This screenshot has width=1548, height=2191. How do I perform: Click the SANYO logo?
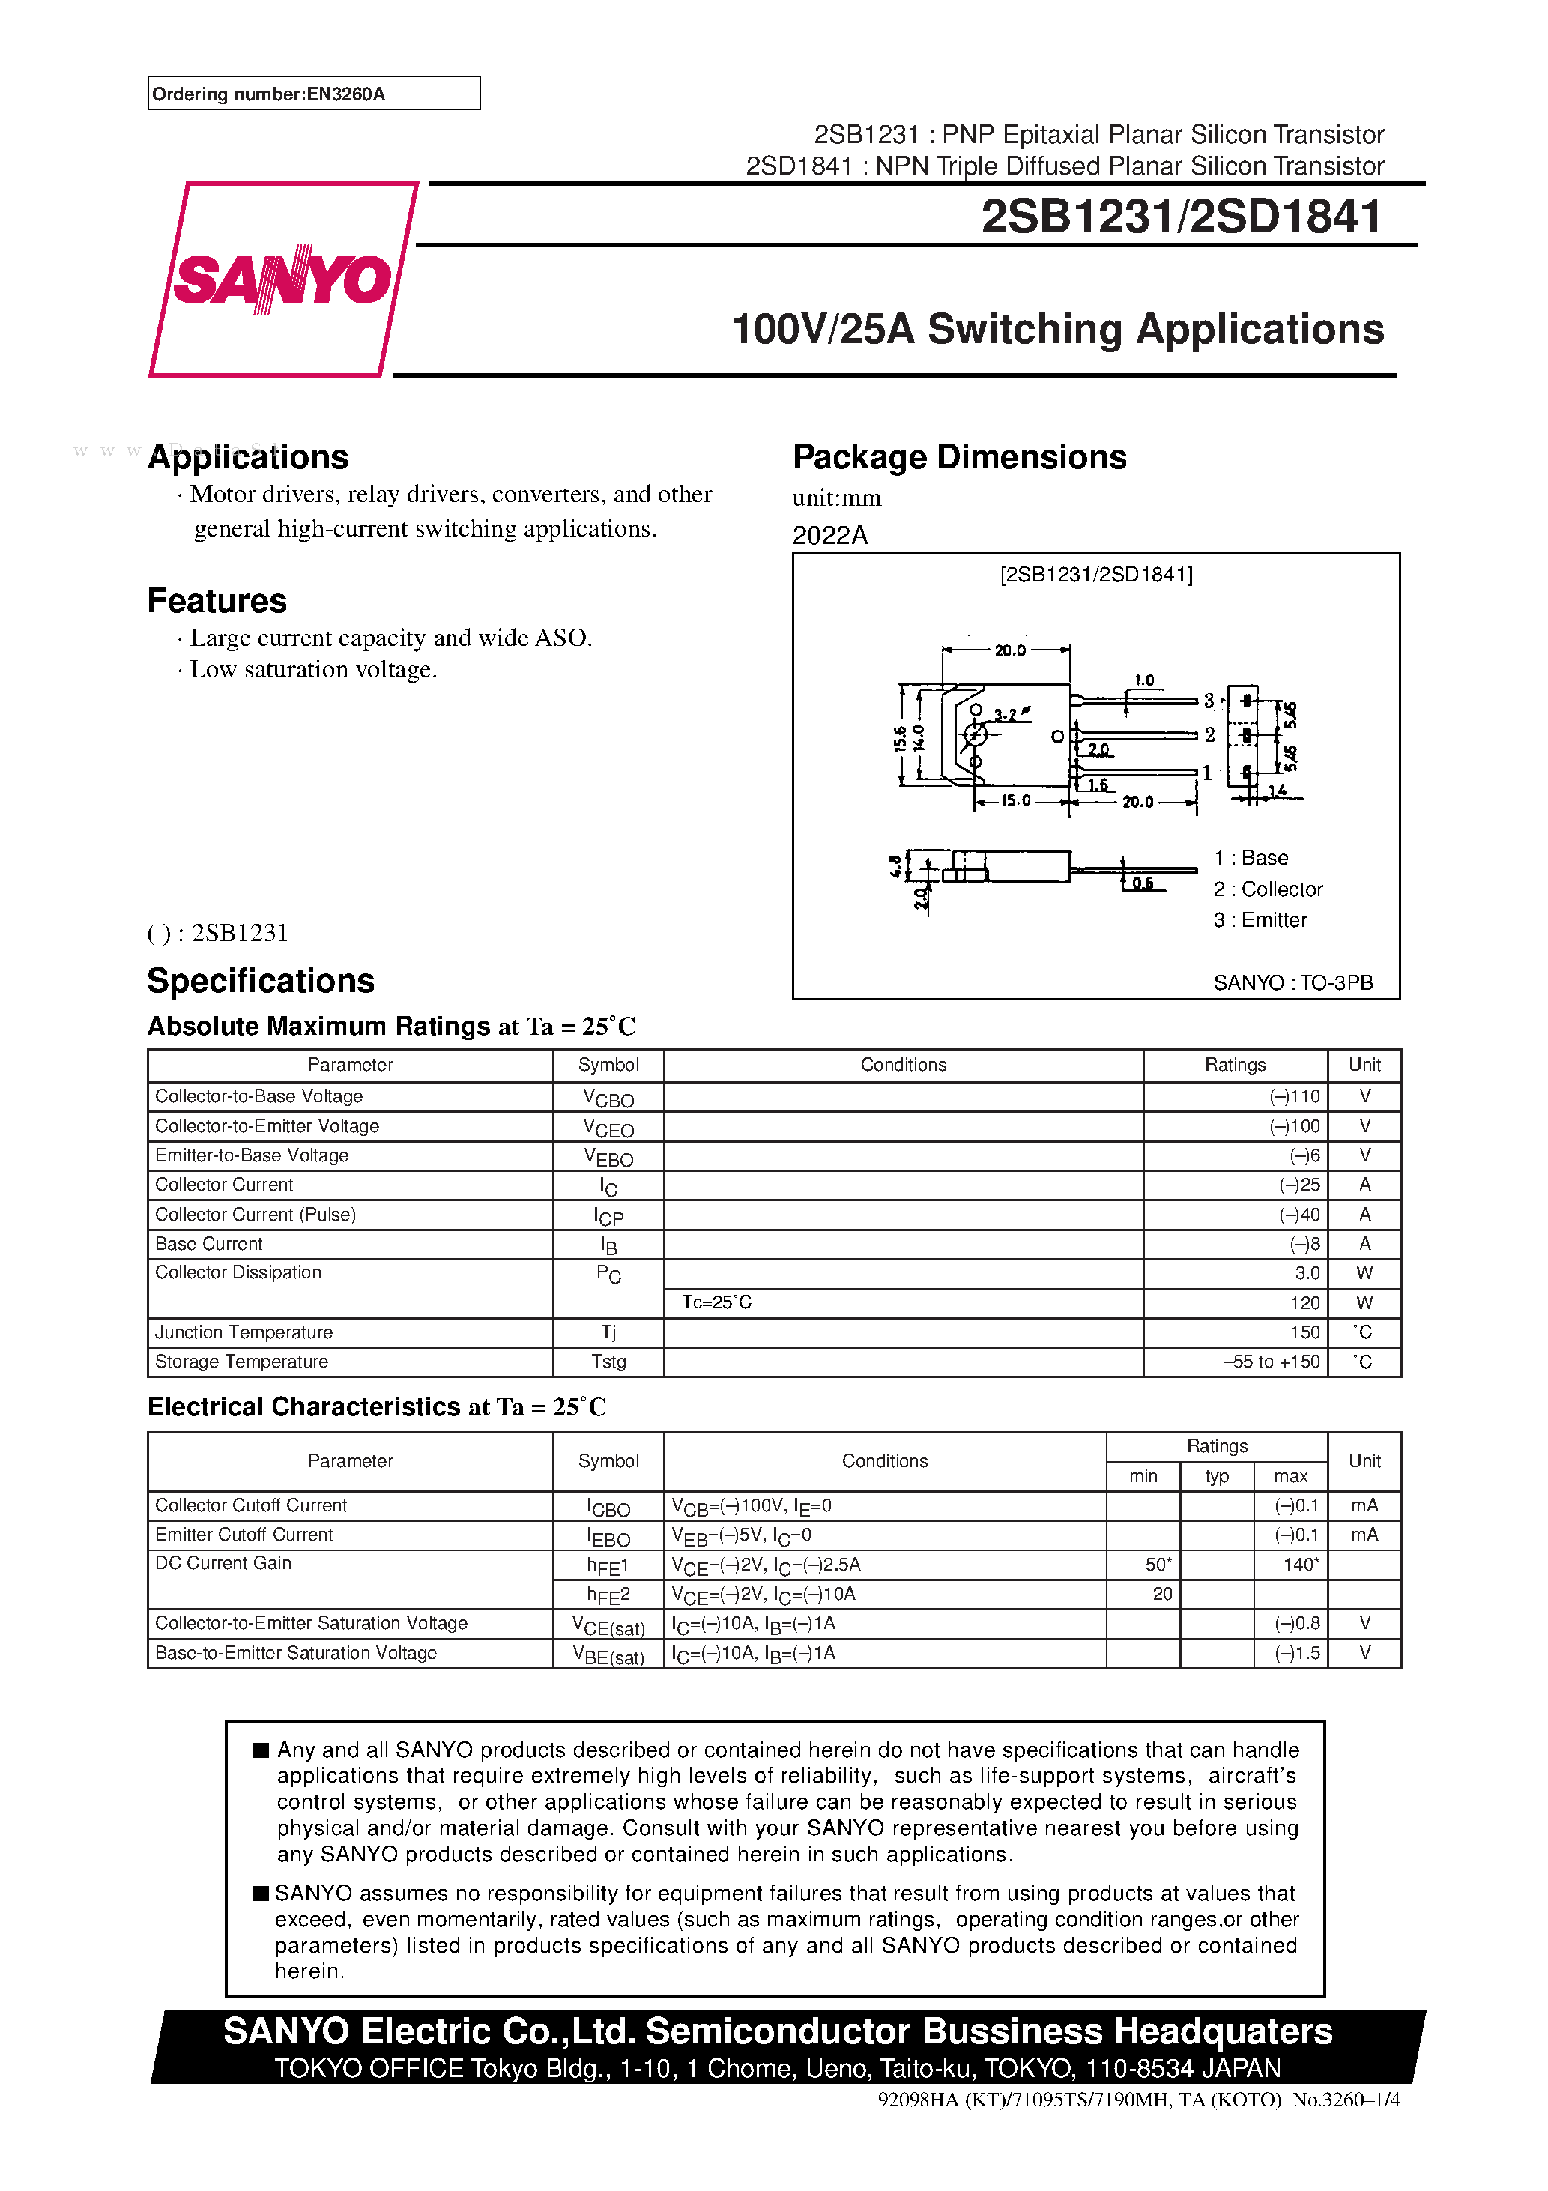tap(282, 279)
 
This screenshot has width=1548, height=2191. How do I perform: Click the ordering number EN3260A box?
tap(313, 94)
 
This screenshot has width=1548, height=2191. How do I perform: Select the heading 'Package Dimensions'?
tap(958, 457)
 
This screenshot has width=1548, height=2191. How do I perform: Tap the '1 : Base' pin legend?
tap(1251, 858)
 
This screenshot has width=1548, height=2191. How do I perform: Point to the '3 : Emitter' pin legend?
tap(1260, 920)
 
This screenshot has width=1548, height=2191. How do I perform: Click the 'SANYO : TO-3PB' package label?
tap(1292, 982)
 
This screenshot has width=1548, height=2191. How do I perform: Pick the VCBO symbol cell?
tap(608, 1098)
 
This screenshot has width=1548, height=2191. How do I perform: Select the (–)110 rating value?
tap(1294, 1096)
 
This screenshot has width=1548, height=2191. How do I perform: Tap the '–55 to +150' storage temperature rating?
tap(1272, 1362)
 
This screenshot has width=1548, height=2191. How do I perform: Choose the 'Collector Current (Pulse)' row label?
tap(255, 1214)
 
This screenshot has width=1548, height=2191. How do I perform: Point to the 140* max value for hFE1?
tap(1300, 1564)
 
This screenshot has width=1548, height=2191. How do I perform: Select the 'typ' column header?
tap(1216, 1476)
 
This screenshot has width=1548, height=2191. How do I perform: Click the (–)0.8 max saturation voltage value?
tap(1297, 1623)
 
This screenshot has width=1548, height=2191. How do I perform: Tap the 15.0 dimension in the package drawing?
tap(1015, 800)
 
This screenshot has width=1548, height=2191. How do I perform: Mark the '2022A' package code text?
tap(829, 535)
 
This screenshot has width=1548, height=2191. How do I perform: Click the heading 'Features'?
tap(217, 601)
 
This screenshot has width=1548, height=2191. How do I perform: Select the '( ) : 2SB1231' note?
tap(217, 932)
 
